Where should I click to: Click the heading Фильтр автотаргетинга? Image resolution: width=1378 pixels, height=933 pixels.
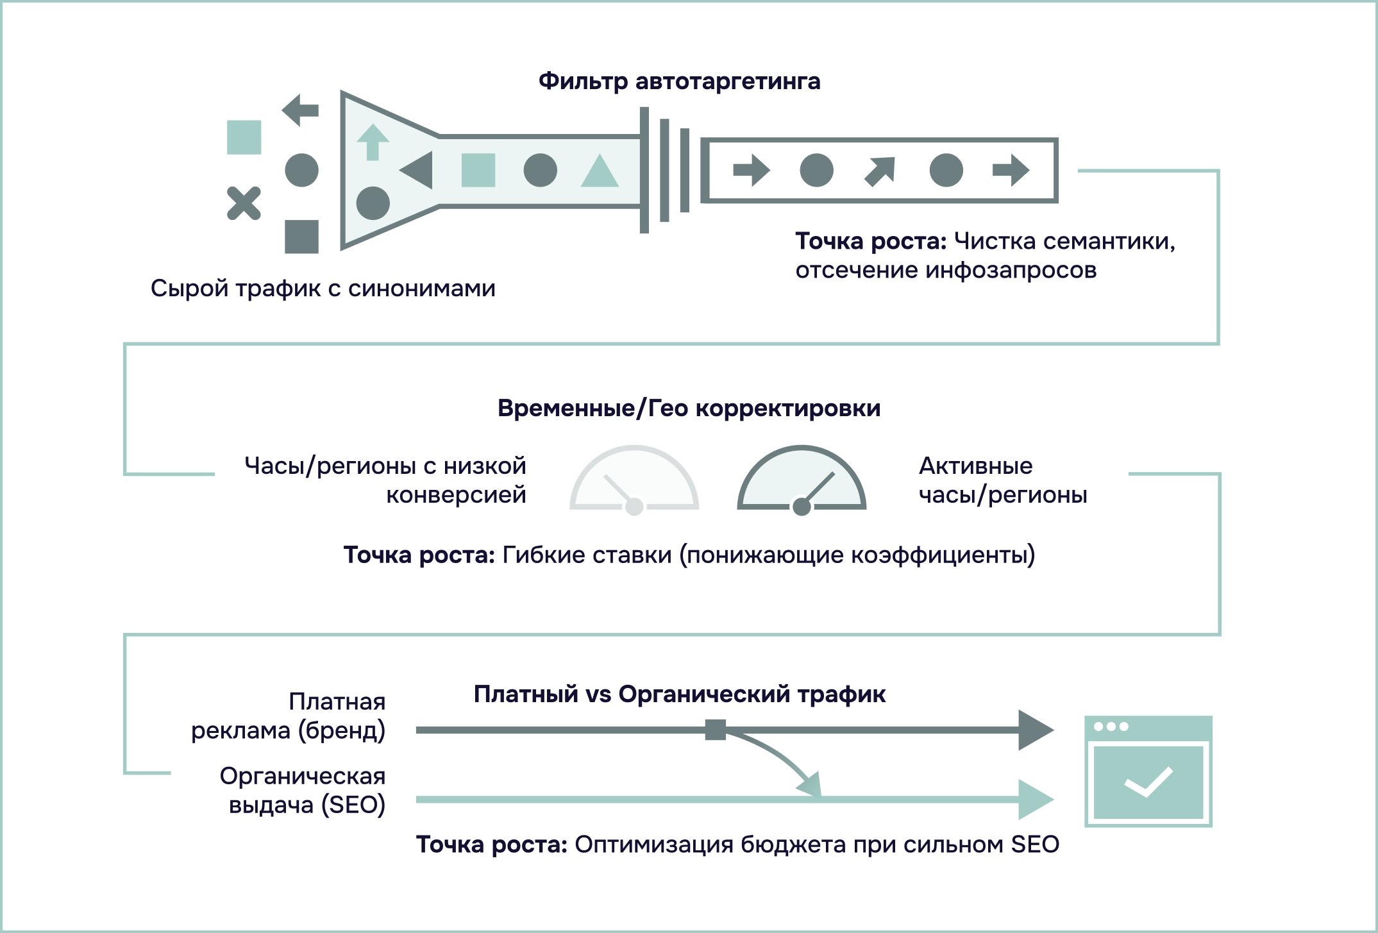tap(679, 81)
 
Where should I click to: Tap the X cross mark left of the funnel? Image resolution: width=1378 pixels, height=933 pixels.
tap(244, 203)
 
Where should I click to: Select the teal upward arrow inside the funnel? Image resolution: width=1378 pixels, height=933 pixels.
tap(373, 142)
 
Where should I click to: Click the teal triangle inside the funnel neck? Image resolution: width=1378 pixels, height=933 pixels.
tap(599, 171)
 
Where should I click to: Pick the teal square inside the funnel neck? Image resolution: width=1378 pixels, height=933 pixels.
tap(478, 170)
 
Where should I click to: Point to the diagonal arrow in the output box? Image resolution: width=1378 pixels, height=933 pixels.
tap(880, 171)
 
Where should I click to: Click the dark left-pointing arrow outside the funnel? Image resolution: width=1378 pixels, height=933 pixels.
tap(300, 110)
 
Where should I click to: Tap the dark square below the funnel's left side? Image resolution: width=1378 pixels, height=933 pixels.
tap(301, 237)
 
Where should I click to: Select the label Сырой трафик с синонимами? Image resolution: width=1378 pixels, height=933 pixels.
tap(323, 289)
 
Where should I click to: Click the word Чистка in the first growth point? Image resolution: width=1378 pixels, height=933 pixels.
tap(995, 242)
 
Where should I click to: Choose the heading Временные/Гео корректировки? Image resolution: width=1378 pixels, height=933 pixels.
tap(689, 408)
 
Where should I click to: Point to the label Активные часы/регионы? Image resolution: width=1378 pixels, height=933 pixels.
tap(1002, 480)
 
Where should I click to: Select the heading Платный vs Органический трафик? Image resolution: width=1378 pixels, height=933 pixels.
tap(679, 694)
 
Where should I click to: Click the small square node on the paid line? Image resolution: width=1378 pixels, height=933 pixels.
tap(715, 730)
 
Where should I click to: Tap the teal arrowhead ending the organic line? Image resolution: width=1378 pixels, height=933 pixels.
tap(1035, 800)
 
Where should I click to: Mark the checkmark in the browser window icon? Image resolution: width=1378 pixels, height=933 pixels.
tap(1148, 782)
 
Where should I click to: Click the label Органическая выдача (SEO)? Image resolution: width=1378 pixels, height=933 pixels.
tap(303, 790)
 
